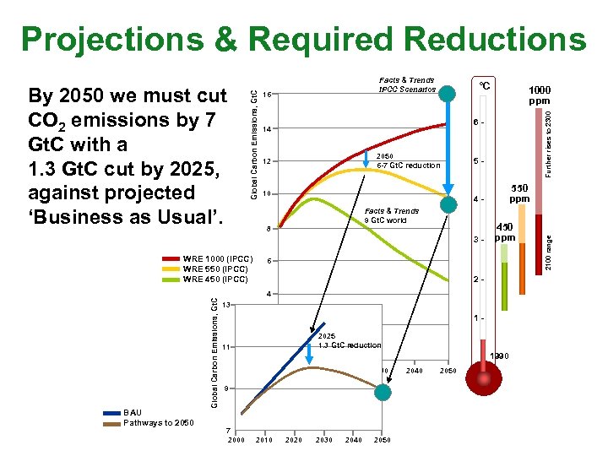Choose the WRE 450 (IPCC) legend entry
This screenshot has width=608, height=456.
(215, 279)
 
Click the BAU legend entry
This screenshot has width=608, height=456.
(133, 412)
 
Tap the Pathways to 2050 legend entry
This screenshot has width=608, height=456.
(159, 422)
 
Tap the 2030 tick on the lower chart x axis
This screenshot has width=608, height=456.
(324, 440)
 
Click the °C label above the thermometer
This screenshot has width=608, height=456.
(485, 87)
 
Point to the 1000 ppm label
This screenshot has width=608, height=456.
(540, 94)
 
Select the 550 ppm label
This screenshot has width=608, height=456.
(518, 193)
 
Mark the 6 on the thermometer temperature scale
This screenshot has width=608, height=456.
(475, 123)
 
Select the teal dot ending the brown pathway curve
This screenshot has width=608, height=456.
(383, 393)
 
